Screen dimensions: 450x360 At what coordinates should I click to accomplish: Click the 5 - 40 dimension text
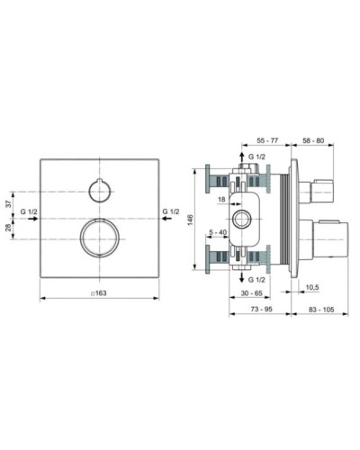tap(217, 233)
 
